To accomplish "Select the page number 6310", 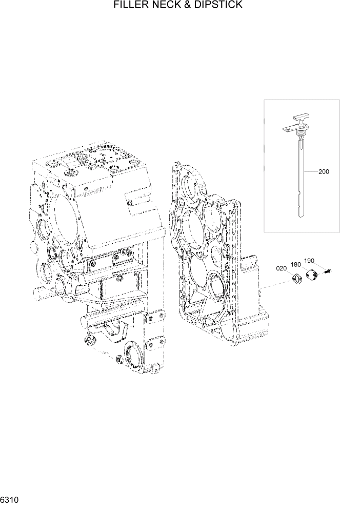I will (10, 499).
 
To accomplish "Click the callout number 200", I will (324, 171).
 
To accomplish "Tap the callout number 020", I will (282, 268).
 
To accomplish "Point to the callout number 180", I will (296, 264).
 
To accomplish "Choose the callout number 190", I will (309, 261).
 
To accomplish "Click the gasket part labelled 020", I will (296, 279).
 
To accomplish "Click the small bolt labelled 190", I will (329, 270).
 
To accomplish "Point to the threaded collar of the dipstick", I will (300, 136).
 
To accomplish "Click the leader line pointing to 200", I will (311, 171).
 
